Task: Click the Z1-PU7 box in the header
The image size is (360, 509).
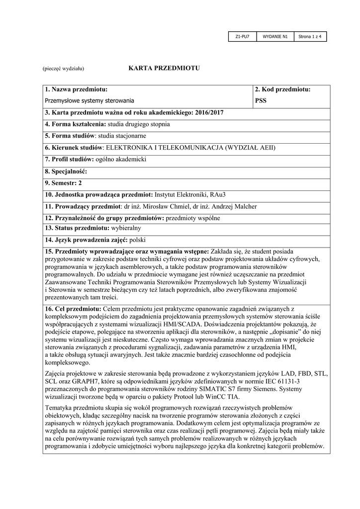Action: (242, 37)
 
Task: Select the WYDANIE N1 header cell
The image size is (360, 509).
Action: (275, 37)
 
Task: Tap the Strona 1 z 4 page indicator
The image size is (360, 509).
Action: (310, 37)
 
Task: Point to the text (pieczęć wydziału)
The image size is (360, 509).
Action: (63, 68)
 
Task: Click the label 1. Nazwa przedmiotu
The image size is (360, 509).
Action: (76, 89)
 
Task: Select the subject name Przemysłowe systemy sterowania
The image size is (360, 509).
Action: (90, 100)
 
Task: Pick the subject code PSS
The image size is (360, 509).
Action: (261, 100)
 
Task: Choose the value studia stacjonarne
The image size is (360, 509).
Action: (122, 136)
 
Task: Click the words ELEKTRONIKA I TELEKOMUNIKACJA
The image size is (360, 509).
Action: (165, 148)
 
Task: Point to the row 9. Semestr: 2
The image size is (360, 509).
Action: (64, 183)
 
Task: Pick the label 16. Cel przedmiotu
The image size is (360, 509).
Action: (73, 309)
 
